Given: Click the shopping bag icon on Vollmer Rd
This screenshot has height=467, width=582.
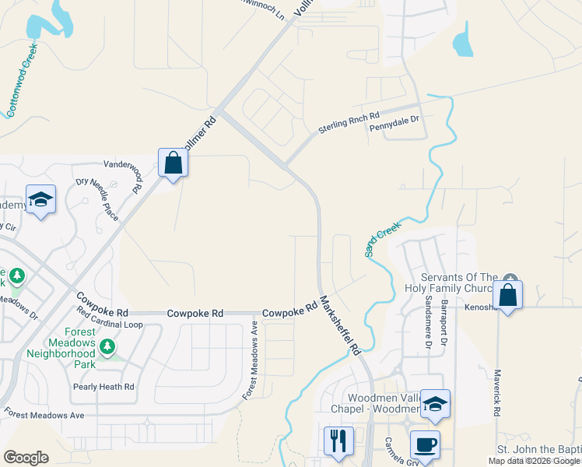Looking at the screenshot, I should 173,163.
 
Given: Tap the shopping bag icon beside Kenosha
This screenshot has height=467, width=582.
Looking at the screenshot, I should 507,296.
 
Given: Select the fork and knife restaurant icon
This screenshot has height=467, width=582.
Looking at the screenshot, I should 338,441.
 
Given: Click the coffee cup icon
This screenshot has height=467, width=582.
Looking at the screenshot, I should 425,444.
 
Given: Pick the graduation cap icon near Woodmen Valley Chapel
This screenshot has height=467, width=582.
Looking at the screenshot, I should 435,403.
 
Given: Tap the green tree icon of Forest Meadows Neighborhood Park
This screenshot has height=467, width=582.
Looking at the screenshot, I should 110,345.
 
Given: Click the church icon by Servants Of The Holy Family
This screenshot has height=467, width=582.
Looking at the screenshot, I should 510,279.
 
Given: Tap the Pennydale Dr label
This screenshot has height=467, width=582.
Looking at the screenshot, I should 394,121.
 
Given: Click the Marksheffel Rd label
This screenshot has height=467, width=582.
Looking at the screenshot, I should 340,325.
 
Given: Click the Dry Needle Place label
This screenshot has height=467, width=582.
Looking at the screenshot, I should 97,198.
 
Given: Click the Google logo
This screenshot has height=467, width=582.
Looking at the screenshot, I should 26,457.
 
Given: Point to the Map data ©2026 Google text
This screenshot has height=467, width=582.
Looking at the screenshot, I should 534,461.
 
